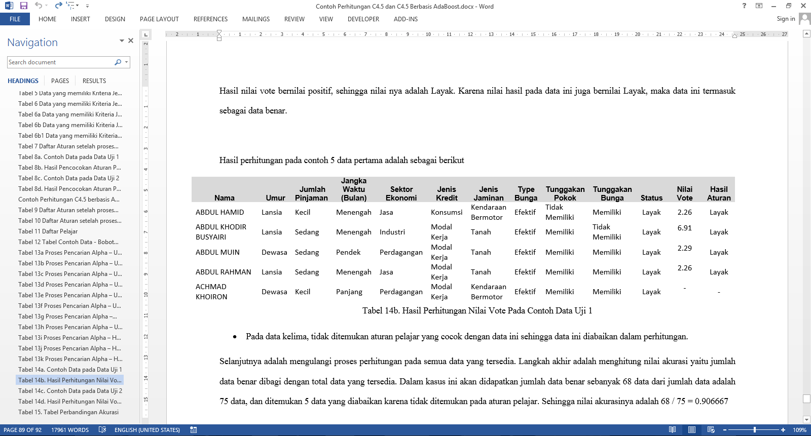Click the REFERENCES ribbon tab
click(210, 19)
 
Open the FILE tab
click(15, 19)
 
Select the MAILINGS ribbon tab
click(255, 19)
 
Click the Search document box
click(61, 62)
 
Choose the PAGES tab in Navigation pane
click(60, 81)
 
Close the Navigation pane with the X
click(131, 41)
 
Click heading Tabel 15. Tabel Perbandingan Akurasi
click(68, 412)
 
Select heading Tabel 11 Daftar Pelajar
click(48, 231)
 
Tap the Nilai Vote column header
click(684, 193)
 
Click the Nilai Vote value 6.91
click(684, 228)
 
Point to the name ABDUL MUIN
click(217, 252)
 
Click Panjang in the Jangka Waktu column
click(349, 292)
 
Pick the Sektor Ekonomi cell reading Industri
click(392, 232)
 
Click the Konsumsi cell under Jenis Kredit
click(446, 212)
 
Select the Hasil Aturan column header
click(718, 193)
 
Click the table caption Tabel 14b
click(476, 310)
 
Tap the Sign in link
click(786, 19)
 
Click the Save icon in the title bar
click(23, 6)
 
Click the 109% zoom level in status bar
click(799, 430)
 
